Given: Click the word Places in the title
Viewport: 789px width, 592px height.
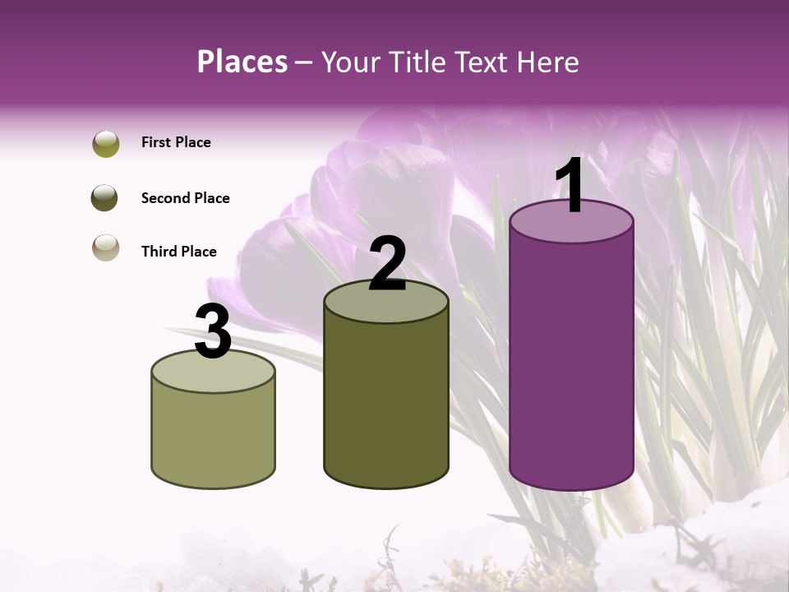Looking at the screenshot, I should point(242,62).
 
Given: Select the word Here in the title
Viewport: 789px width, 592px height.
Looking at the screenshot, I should point(547,62).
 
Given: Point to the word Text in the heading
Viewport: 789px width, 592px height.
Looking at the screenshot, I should point(483,62).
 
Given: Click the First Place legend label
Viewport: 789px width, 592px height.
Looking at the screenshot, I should point(176,142).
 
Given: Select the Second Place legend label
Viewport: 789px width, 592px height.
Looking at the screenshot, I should point(185,198).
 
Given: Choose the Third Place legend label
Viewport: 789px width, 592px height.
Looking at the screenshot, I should point(179,252).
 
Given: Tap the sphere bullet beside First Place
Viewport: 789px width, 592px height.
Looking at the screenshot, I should point(106,144).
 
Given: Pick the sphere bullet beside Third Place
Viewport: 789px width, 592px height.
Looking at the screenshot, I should point(106,247).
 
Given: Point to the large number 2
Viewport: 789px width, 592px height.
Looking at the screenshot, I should point(388,264).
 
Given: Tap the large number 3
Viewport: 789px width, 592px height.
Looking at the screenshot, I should point(214,331).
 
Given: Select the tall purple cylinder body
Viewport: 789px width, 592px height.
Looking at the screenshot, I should point(571,362).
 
